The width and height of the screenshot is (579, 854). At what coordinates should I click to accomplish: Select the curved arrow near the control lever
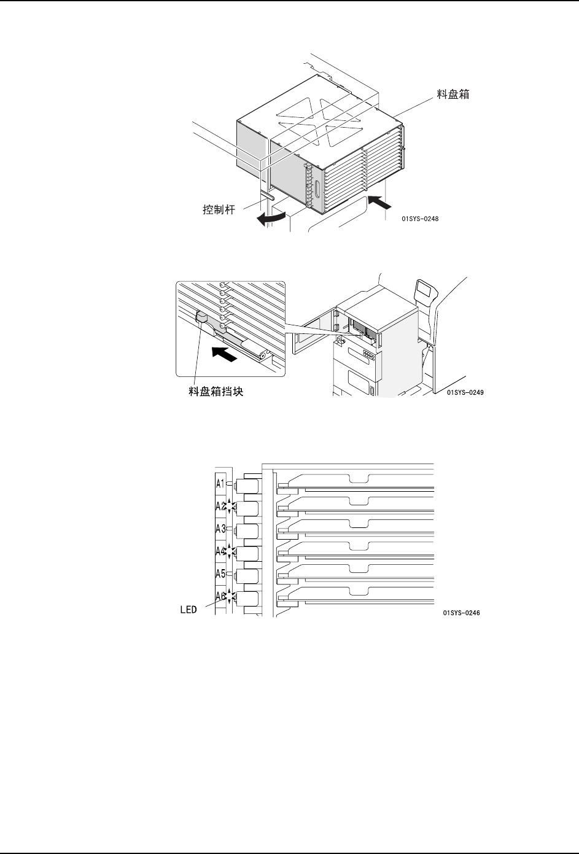[271, 218]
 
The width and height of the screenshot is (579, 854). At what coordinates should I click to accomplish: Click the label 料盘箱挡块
[216, 391]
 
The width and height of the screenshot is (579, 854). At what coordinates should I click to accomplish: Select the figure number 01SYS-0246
[460, 612]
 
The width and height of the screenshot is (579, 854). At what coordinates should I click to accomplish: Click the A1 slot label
[221, 484]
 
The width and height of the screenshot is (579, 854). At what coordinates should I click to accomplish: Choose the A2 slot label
[221, 507]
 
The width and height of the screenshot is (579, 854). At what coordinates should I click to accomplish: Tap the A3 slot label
[221, 529]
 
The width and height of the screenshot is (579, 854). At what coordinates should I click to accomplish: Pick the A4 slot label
[221, 551]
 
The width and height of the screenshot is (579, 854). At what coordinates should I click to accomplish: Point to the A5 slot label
[221, 574]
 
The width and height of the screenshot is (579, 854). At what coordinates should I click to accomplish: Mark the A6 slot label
[220, 596]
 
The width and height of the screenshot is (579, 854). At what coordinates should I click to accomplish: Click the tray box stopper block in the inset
[201, 317]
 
